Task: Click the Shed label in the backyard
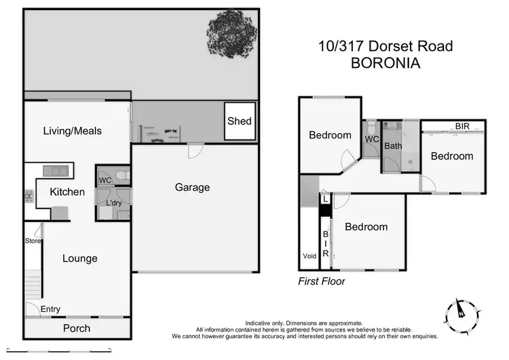tap(240, 122)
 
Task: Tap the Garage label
tap(193, 187)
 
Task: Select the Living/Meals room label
tap(73, 130)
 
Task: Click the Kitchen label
tap(67, 192)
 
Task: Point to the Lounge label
tap(80, 258)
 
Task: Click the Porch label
tap(77, 328)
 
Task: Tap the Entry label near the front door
tap(50, 309)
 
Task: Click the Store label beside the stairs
tap(34, 240)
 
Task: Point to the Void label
tap(309, 256)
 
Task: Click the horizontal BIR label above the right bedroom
tap(463, 126)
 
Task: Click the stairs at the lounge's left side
tap(33, 284)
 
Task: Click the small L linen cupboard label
tap(326, 199)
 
